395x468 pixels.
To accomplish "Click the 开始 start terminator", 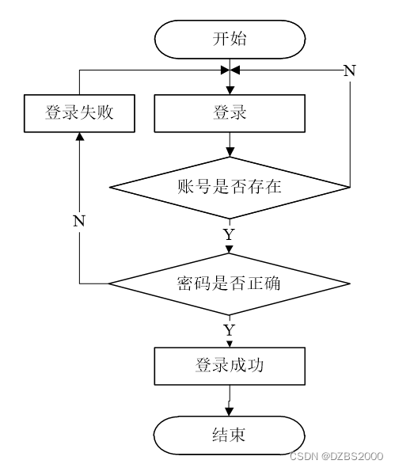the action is pos(230,40).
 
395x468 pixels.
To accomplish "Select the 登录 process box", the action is pos(230,113).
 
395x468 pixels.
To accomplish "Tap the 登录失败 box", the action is pos(79,113).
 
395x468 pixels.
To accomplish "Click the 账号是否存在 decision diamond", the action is pos(230,188).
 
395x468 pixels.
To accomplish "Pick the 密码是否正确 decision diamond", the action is pos(229,283).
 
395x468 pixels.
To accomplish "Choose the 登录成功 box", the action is pos(230,366).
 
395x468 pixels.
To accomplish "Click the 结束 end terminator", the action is pos(229,436).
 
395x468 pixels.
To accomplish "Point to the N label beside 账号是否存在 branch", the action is pos(350,70).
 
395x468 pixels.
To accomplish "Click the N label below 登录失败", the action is pos(79,221).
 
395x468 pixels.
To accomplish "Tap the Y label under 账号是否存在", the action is pos(229,234).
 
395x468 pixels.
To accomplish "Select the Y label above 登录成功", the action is pos(229,330).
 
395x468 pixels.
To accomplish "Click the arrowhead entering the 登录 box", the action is pos(230,90).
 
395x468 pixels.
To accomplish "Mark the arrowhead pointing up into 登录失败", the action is pos(80,136).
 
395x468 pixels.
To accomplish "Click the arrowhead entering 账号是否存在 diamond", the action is pos(230,153).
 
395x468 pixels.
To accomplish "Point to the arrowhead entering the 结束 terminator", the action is pos(229,412).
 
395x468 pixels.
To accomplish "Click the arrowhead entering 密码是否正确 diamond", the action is pos(229,249).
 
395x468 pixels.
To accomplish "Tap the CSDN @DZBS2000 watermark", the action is pos(336,456).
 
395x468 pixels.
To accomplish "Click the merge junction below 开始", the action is pos(230,70).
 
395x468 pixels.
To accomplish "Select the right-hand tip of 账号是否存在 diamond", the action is pos(349,188).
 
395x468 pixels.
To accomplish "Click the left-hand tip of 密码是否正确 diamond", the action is pos(108,283).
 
